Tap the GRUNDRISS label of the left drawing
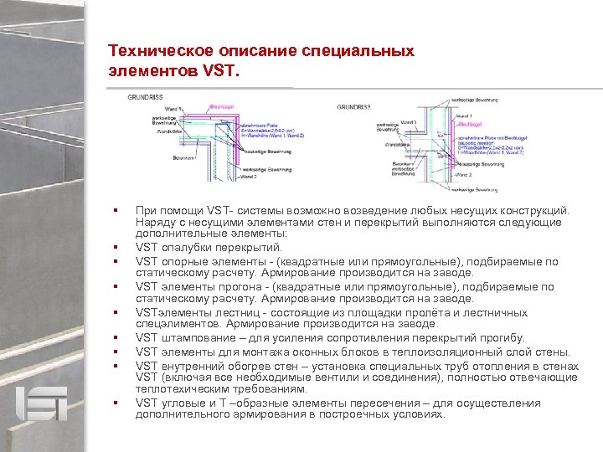pos(145,98)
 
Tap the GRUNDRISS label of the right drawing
pos(353,106)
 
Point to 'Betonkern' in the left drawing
pos(184,157)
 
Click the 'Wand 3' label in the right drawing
pos(409,122)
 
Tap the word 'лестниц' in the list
pos(221,312)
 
